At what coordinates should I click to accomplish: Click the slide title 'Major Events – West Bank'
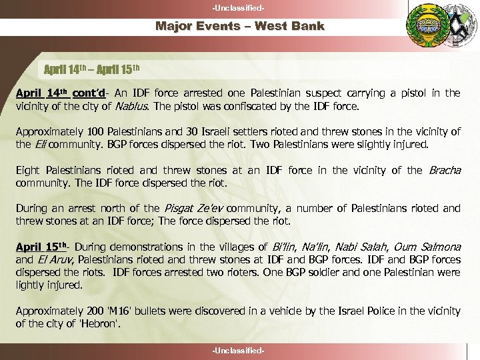click(240, 27)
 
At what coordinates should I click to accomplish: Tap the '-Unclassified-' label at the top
click(239, 7)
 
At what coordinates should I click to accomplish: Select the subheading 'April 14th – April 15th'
click(92, 69)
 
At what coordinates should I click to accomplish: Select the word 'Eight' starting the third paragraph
click(28, 170)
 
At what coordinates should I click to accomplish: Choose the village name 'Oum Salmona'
click(428, 247)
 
